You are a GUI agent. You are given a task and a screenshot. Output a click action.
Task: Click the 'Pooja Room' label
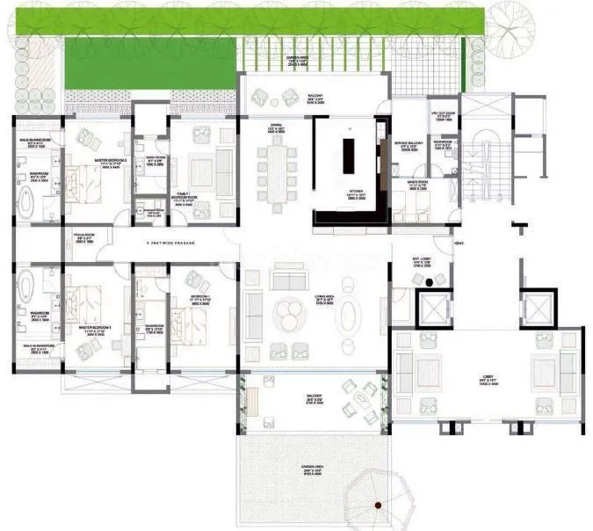pos(83,236)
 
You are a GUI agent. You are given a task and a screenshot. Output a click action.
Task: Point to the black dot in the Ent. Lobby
pos(429,283)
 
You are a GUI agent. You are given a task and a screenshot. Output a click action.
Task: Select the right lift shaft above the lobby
pos(535,309)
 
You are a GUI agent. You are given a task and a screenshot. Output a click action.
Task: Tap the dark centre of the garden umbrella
pos(378,506)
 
